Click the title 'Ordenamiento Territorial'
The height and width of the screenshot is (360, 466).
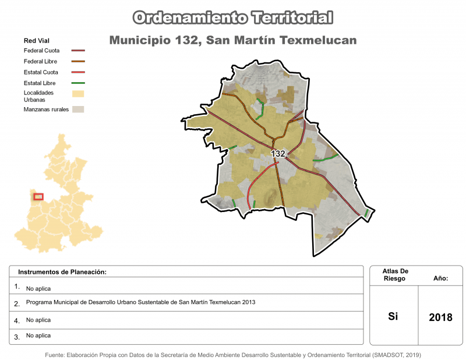pyautogui.click(x=233, y=17)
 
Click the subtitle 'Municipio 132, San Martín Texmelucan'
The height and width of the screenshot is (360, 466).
pyautogui.click(x=233, y=40)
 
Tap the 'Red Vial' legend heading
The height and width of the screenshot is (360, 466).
pyautogui.click(x=36, y=41)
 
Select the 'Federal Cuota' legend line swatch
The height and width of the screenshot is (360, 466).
pyautogui.click(x=78, y=51)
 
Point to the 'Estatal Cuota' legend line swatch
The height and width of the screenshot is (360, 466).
pyautogui.click(x=78, y=72)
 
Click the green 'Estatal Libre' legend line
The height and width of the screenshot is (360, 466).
pyautogui.click(x=78, y=83)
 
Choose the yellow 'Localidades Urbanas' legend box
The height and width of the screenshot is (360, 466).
pyautogui.click(x=78, y=94)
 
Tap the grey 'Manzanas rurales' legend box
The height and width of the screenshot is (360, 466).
pyautogui.click(x=78, y=109)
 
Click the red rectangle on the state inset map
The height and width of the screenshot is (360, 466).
pyautogui.click(x=38, y=196)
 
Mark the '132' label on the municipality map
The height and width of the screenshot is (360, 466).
pyautogui.click(x=278, y=154)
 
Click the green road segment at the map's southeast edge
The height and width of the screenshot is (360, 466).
pyautogui.click(x=366, y=213)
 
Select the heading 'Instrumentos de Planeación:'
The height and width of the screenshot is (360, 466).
pyautogui.click(x=62, y=272)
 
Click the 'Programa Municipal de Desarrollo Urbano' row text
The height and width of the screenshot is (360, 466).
pyautogui.click(x=140, y=302)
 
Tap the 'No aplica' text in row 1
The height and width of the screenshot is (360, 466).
pyautogui.click(x=38, y=288)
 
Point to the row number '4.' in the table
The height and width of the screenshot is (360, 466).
pyautogui.click(x=17, y=320)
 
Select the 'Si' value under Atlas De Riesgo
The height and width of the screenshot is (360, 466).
pyautogui.click(x=393, y=316)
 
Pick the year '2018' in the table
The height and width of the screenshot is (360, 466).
pyautogui.click(x=440, y=317)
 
